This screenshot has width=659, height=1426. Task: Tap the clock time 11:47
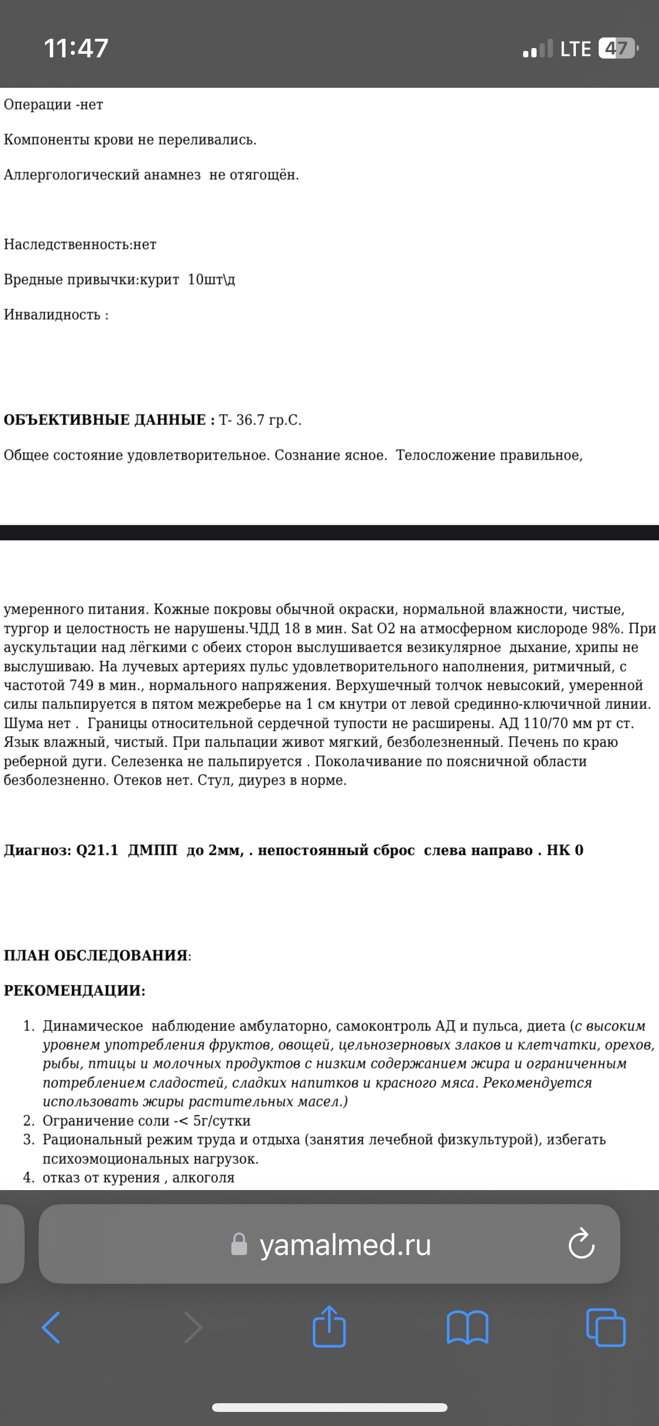click(76, 48)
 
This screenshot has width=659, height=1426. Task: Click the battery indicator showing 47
click(617, 48)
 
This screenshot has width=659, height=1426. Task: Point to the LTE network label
click(575, 49)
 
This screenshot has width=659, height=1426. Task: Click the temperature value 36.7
click(250, 420)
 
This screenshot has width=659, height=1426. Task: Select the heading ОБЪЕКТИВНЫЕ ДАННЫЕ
click(105, 420)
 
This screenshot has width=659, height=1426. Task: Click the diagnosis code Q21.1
click(97, 850)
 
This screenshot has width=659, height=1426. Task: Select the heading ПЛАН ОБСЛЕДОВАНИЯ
click(96, 955)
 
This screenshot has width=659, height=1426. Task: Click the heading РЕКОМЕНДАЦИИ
click(74, 990)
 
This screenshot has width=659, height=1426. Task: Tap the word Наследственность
click(67, 245)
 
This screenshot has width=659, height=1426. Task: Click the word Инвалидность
click(52, 315)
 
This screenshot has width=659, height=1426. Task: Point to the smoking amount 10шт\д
click(211, 280)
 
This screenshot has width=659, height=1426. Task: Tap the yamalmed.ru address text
click(345, 1245)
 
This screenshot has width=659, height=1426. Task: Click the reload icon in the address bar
click(581, 1245)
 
